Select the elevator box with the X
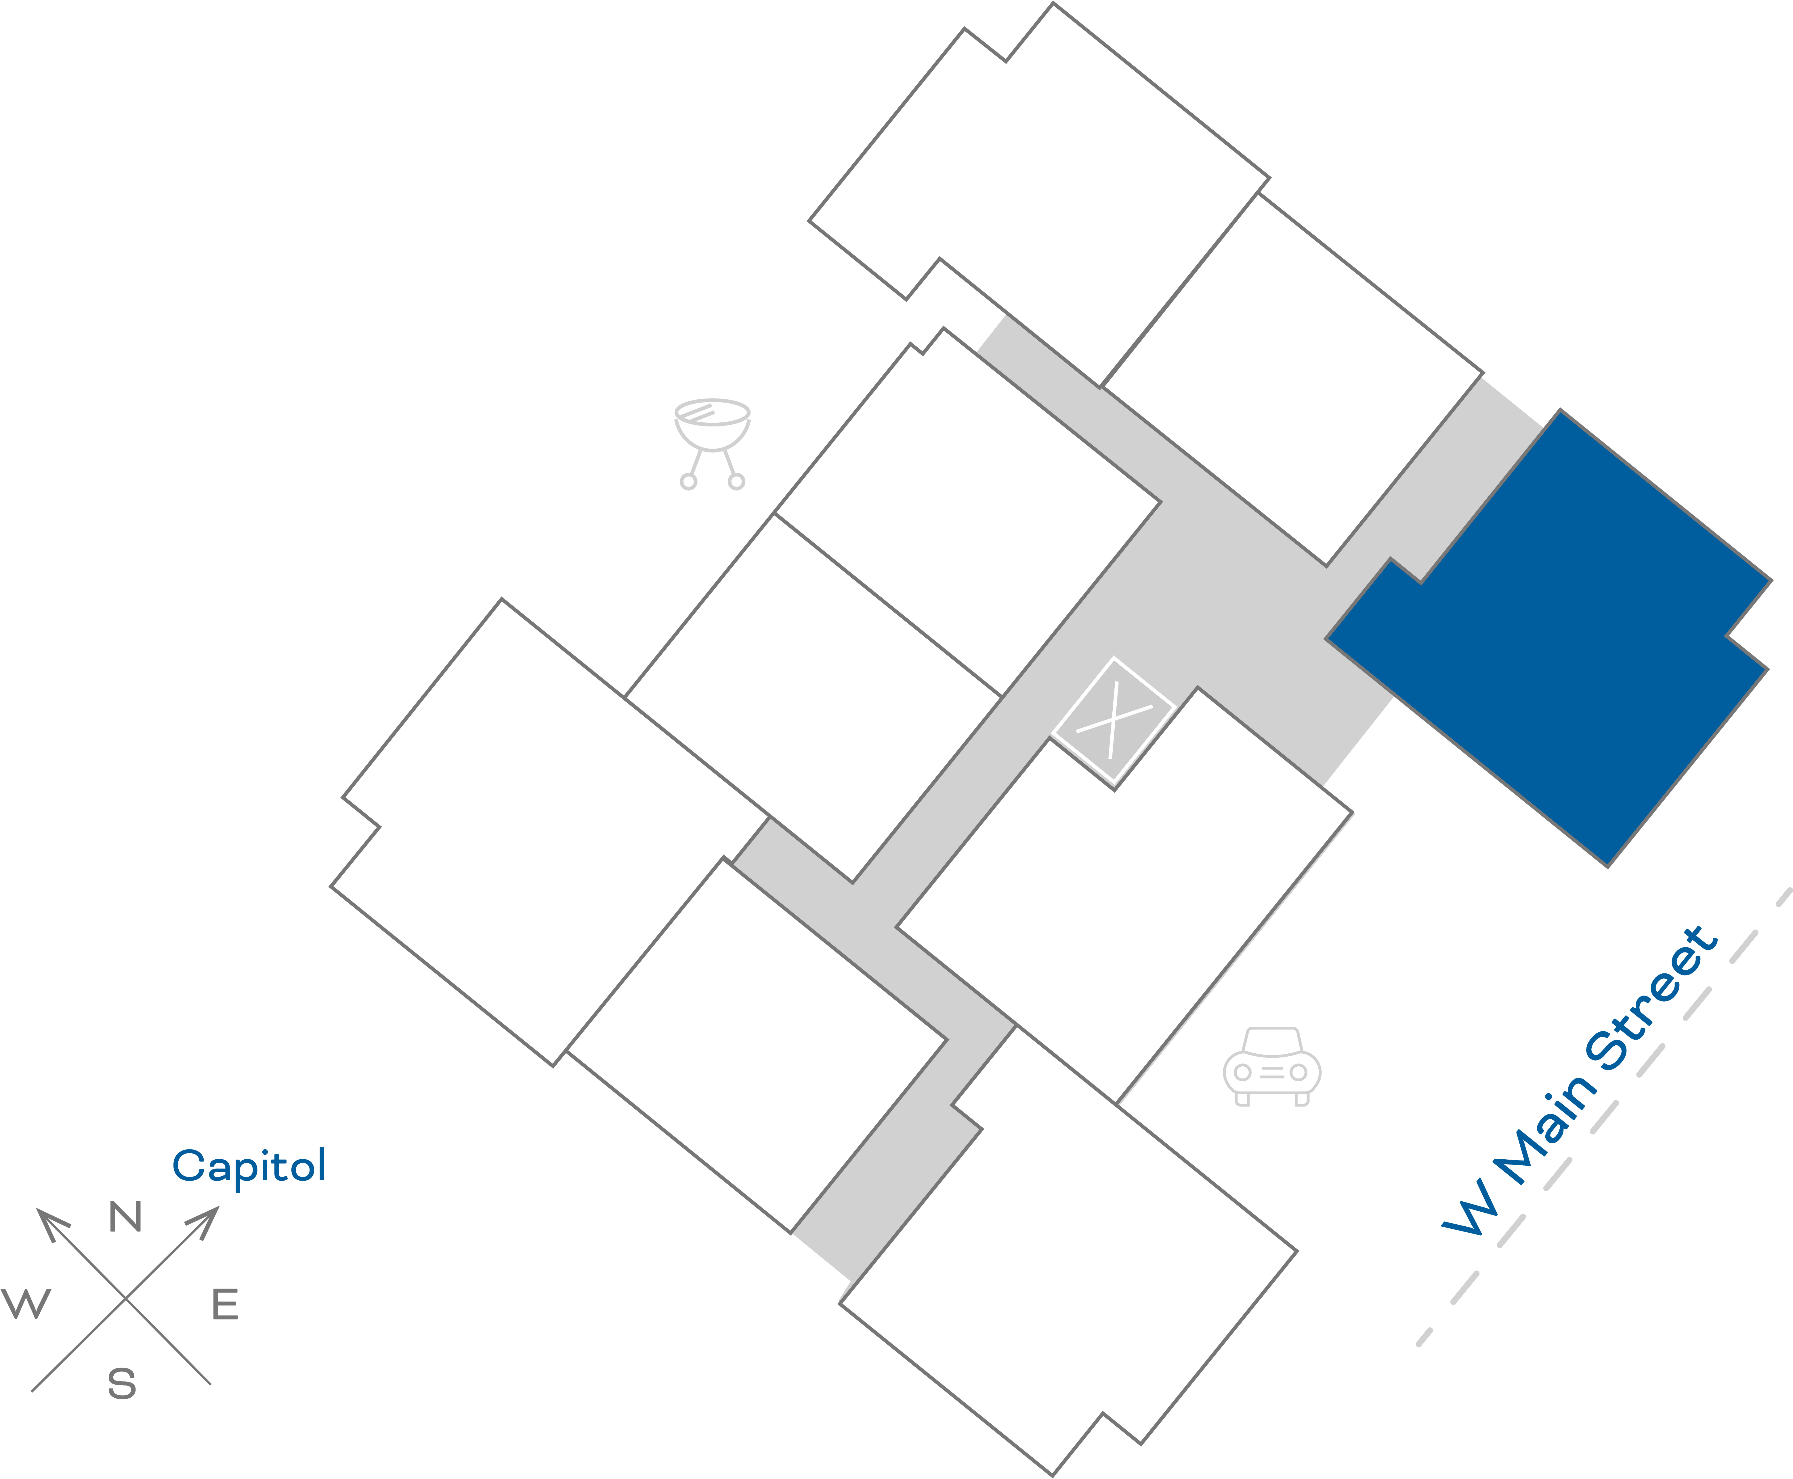click(1113, 720)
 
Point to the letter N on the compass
click(125, 1217)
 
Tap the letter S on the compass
click(122, 1384)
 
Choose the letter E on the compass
click(225, 1304)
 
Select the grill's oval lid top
click(712, 411)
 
